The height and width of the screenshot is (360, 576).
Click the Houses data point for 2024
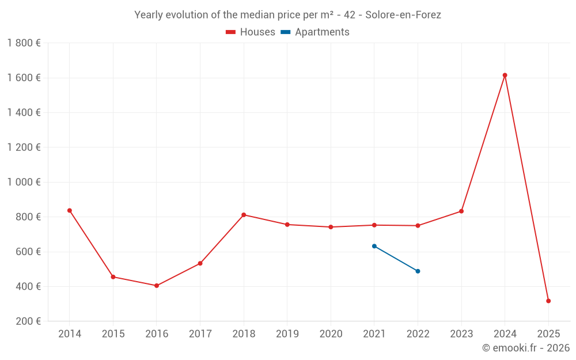505,75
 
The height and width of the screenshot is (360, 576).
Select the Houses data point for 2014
70,210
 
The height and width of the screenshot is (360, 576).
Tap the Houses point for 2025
548,301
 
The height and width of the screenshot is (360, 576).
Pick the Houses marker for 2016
157,286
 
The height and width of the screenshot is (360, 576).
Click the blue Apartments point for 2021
374,246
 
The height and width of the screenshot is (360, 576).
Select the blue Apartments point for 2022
418,271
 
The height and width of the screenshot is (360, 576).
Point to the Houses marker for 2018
244,215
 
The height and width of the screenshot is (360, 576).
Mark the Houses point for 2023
461,211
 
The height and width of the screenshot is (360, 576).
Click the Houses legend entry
251,32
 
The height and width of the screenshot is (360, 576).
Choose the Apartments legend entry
315,32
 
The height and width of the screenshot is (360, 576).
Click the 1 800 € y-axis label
24,43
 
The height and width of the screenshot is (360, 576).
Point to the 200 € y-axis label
28,321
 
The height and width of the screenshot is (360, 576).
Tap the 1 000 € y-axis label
24,182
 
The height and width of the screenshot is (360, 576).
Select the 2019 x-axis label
287,334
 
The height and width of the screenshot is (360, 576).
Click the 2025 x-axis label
548,334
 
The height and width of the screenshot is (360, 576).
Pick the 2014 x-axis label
70,334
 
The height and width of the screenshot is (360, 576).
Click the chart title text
287,15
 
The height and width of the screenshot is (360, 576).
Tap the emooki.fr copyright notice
525,348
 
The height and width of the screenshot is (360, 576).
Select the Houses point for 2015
113,277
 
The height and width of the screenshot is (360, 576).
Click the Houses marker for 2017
200,263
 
